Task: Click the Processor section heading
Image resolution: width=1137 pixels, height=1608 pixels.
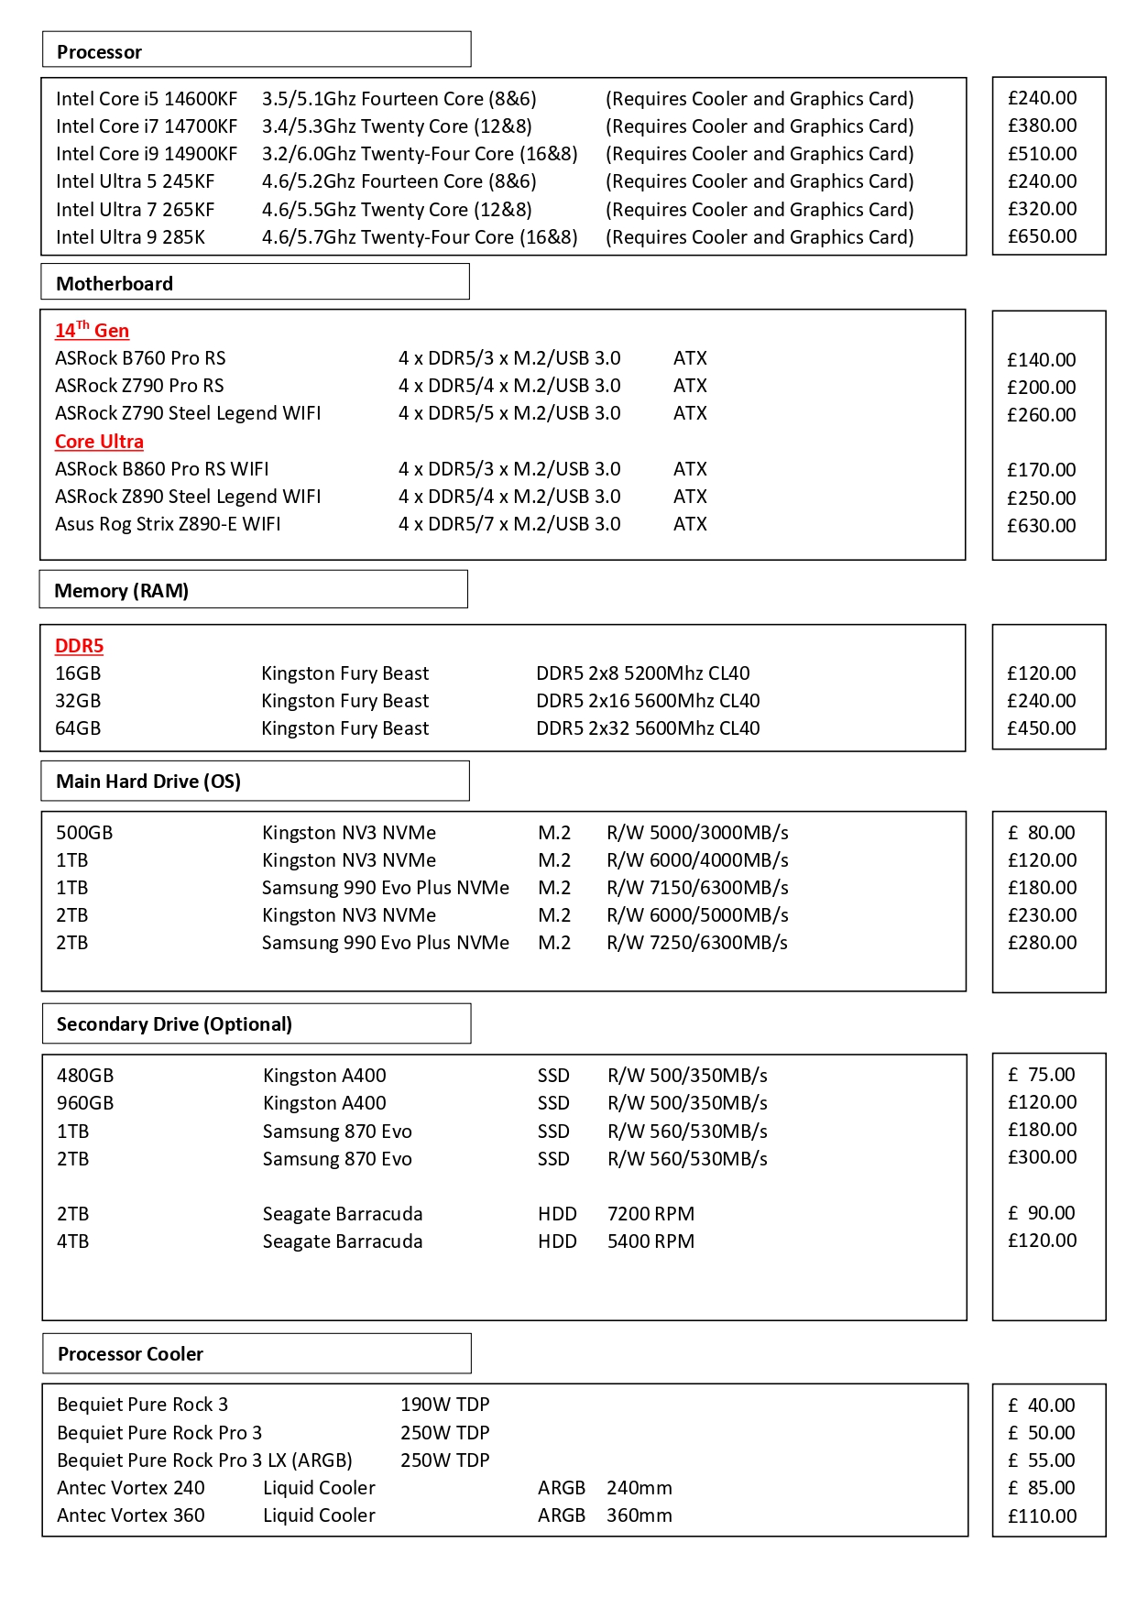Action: tap(99, 52)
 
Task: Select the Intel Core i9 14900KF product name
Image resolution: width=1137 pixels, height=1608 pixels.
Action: tap(147, 154)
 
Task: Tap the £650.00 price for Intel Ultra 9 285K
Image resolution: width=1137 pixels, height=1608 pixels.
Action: tap(1042, 236)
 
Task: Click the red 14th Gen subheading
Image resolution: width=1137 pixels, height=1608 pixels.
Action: tap(92, 330)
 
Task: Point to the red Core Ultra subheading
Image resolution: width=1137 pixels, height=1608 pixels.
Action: tap(99, 442)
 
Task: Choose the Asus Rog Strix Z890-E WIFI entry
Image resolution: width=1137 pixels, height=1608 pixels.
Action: tap(168, 524)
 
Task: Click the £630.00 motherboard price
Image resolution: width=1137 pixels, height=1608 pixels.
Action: tap(1042, 526)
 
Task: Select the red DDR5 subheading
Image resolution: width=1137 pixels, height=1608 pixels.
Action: tap(79, 646)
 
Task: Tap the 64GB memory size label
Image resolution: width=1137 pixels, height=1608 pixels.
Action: tap(78, 728)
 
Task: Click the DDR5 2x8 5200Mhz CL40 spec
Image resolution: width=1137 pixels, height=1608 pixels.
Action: tap(642, 673)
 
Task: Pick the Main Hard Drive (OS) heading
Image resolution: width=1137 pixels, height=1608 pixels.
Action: tap(148, 782)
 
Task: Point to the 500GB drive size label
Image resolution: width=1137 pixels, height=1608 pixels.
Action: tap(84, 833)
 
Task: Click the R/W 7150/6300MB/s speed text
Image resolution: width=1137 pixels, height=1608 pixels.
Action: tap(697, 888)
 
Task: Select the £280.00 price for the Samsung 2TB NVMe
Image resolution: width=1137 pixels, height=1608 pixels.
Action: tap(1042, 943)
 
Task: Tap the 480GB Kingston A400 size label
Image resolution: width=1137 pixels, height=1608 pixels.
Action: tap(85, 1076)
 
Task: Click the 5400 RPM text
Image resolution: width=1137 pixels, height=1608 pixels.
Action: tap(650, 1242)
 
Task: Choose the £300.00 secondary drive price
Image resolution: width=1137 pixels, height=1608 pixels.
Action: tap(1042, 1157)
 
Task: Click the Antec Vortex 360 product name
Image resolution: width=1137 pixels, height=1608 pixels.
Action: tap(131, 1515)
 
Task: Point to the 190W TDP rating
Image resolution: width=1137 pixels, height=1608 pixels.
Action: tap(444, 1405)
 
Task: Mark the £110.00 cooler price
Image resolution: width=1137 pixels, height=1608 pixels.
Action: tap(1042, 1516)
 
